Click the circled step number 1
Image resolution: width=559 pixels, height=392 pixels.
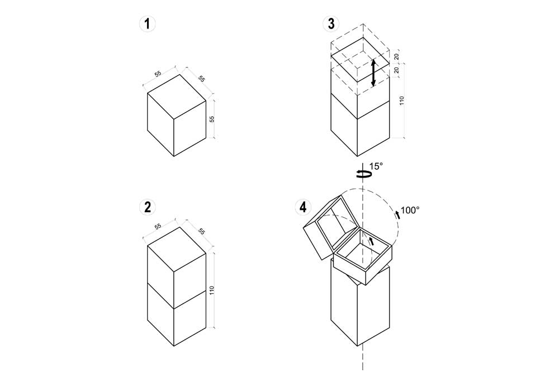(147, 24)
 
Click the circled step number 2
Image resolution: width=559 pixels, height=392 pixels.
(147, 207)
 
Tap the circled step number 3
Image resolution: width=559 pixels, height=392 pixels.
(331, 24)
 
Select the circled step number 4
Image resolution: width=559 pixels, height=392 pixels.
(303, 207)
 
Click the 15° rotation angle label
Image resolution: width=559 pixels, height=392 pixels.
(376, 166)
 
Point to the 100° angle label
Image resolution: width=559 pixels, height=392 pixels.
(410, 211)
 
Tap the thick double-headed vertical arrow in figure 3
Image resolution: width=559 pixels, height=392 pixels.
(373, 73)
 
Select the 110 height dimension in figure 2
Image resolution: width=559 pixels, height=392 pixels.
(212, 290)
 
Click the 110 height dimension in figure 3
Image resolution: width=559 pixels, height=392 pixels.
(402, 101)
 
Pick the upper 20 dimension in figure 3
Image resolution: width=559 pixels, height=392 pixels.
(396, 56)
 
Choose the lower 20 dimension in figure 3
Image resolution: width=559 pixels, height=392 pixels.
(396, 70)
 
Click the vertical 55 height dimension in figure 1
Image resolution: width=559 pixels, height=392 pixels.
(212, 119)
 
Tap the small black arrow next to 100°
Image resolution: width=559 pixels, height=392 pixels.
(397, 214)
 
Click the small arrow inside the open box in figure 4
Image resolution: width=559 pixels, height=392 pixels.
(372, 242)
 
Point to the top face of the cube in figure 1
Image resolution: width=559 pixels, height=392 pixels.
(177, 96)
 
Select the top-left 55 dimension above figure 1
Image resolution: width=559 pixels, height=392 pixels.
(158, 74)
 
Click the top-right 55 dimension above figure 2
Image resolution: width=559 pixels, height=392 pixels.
(201, 231)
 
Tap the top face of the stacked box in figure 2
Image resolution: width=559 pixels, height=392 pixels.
(177, 248)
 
